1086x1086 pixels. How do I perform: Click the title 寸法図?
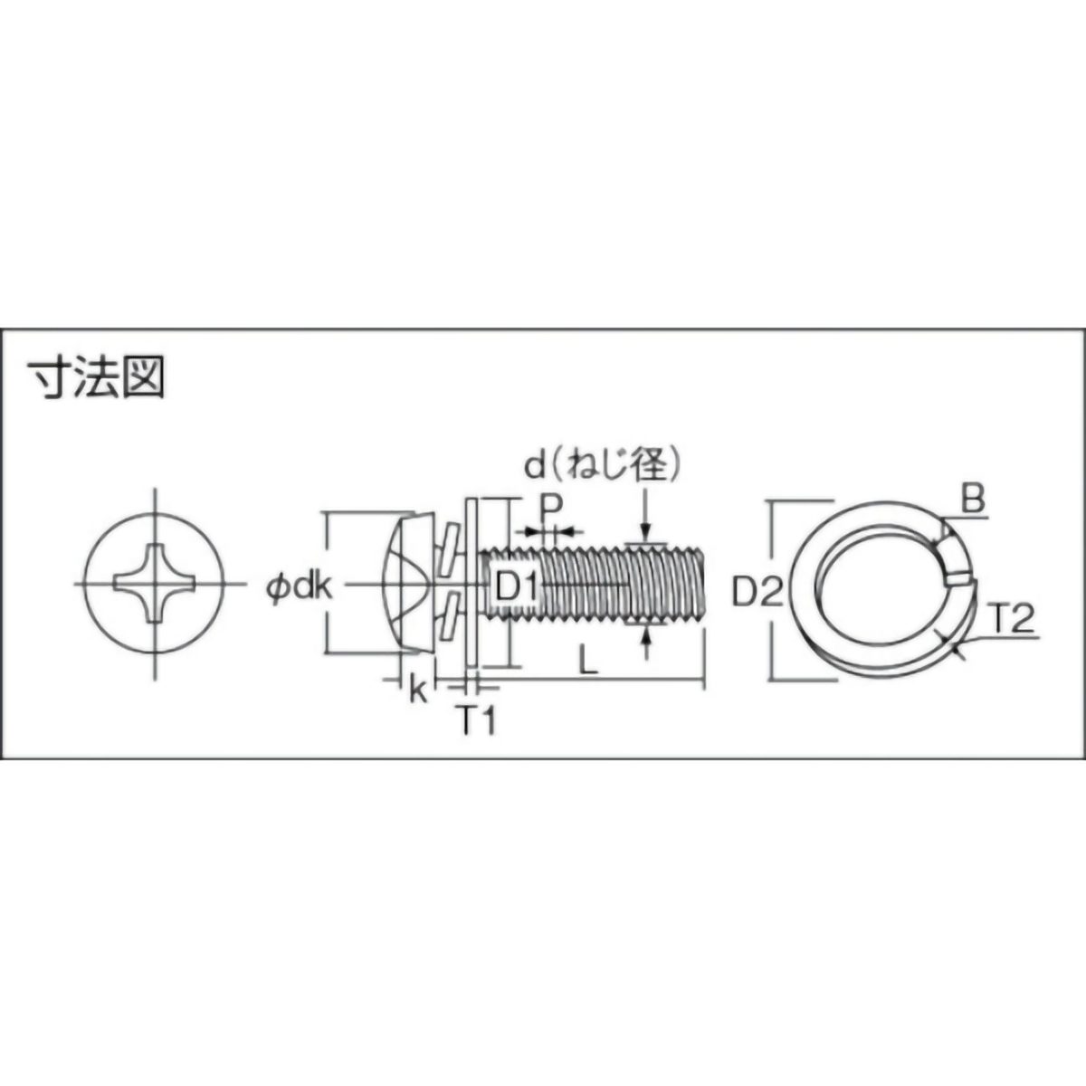point(96,378)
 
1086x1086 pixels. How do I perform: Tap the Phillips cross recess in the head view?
point(156,583)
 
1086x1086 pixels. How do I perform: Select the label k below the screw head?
point(417,690)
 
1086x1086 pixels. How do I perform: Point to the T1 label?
point(475,721)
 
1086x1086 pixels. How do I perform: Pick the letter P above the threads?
point(549,508)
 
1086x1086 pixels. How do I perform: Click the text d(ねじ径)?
point(602,464)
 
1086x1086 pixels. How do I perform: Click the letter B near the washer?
point(972,500)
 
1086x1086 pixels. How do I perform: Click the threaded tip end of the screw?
point(700,585)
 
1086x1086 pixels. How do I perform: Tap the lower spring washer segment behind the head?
point(447,619)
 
